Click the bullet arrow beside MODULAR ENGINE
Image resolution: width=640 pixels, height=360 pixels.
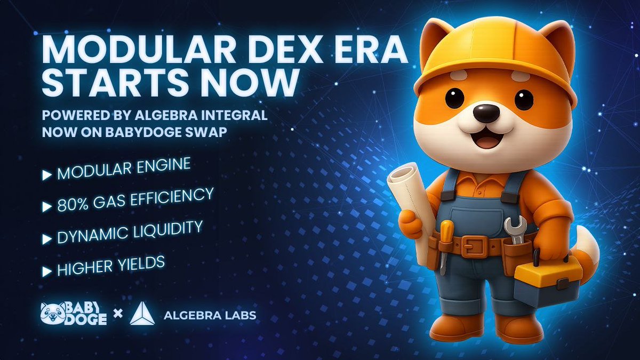[x=47, y=175]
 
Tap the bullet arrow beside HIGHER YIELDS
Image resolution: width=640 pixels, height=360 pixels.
[x=47, y=271]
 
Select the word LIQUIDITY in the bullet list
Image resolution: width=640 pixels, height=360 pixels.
[x=166, y=231]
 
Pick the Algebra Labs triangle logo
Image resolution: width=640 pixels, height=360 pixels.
[x=142, y=314]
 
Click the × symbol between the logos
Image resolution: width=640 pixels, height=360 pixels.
[x=118, y=314]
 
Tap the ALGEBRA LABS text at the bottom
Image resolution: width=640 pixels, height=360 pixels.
[x=210, y=315]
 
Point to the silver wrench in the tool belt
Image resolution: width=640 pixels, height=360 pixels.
[x=516, y=230]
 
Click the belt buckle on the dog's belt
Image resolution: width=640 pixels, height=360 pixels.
[x=474, y=245]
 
